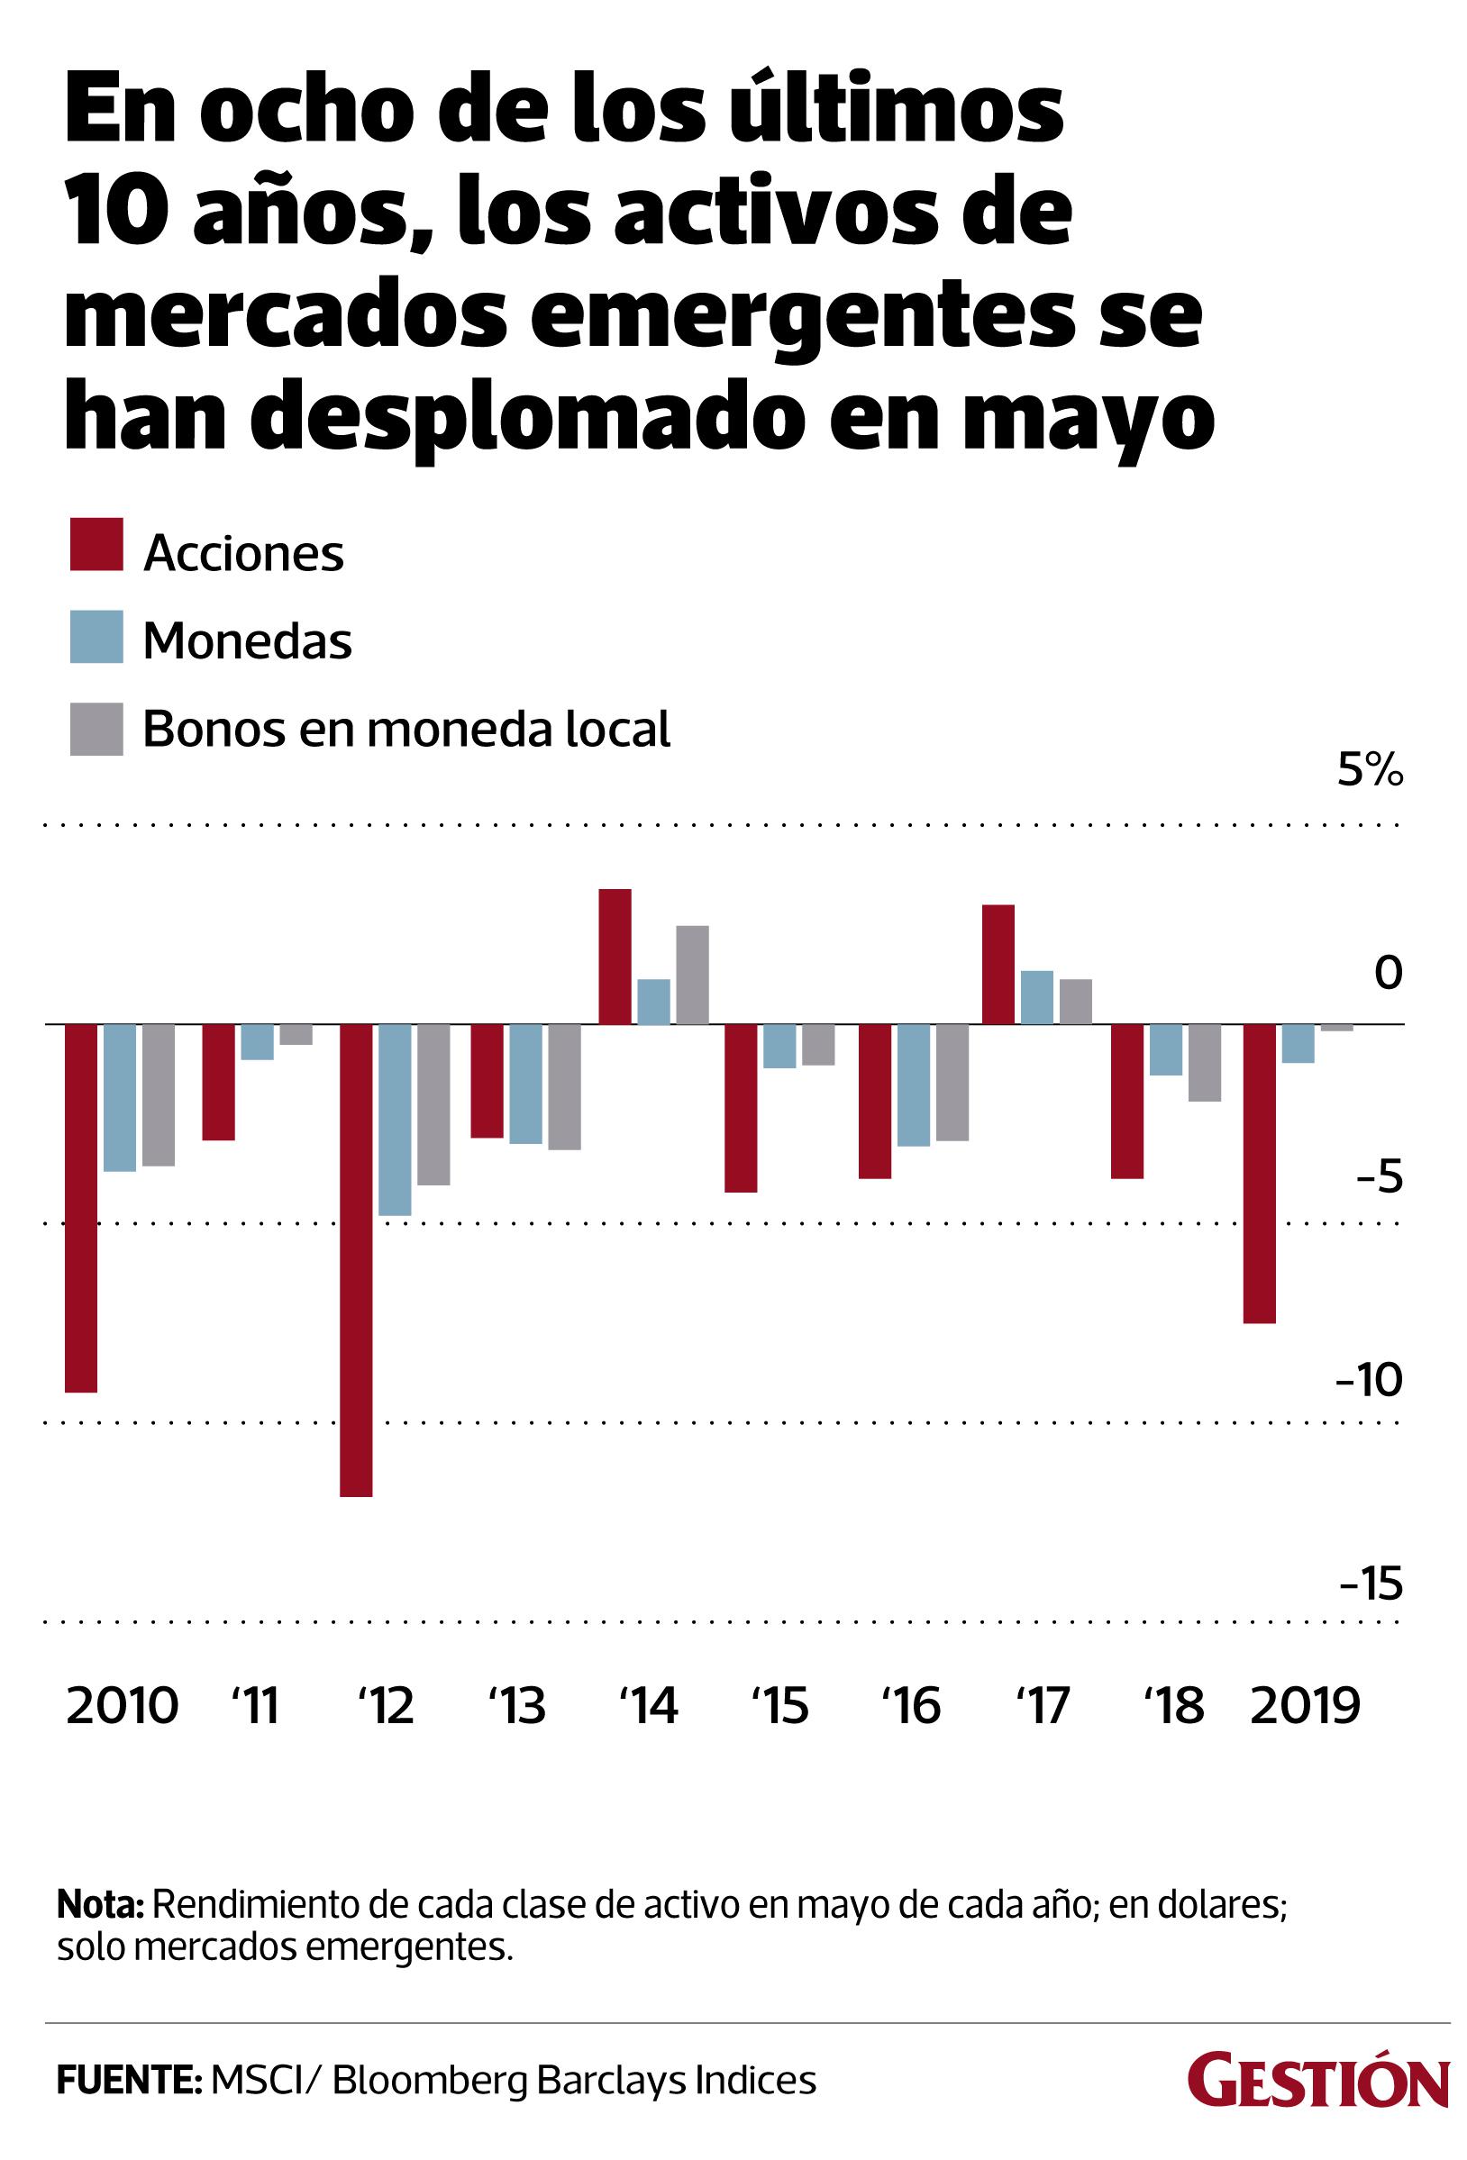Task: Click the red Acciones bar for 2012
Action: coord(356,1259)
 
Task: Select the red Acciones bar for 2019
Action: coord(1260,1173)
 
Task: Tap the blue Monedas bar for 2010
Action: coord(119,1098)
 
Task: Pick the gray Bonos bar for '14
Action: coord(692,975)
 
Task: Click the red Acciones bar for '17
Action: coord(998,964)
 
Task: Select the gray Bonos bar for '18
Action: coord(1204,1062)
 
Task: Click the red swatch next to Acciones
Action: coord(96,545)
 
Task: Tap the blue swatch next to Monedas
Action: coord(96,637)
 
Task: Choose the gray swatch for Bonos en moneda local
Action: coord(96,729)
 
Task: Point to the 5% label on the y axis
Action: coord(1370,770)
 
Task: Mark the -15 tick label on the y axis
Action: coord(1371,1584)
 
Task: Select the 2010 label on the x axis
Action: coord(122,1705)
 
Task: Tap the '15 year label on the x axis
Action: coord(781,1705)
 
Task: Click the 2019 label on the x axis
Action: coord(1304,1705)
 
